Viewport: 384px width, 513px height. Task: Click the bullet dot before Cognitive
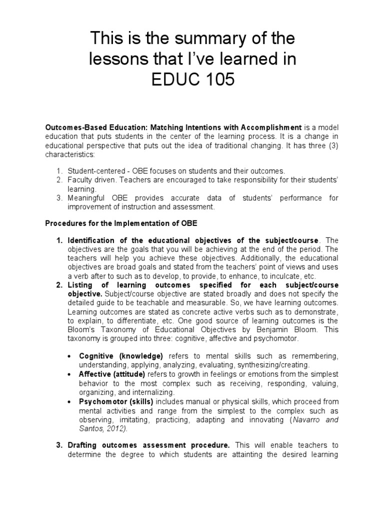click(x=69, y=356)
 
